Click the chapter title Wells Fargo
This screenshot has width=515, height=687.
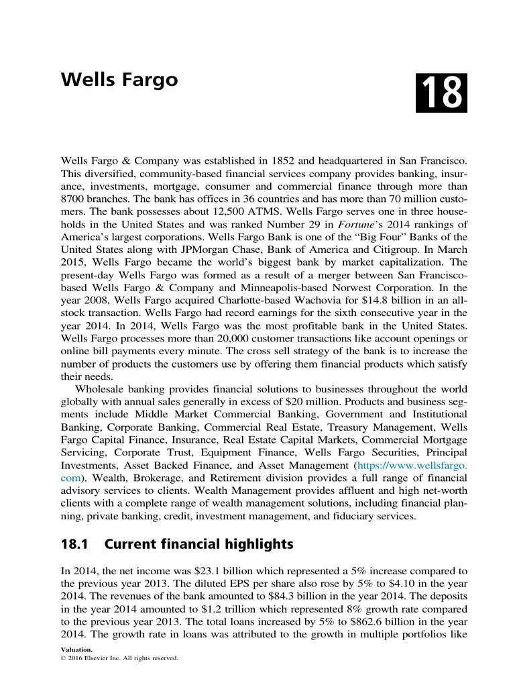coord(119,81)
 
